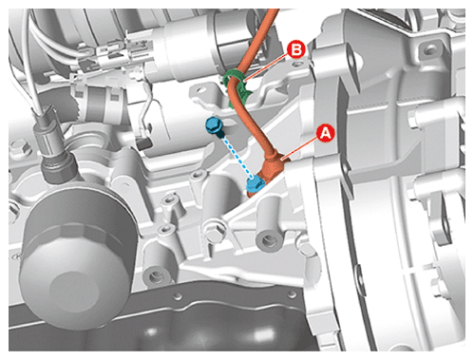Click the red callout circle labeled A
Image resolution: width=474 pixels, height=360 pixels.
(326, 133)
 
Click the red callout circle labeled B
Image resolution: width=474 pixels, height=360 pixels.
(296, 50)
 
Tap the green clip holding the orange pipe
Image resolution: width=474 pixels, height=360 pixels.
(238, 88)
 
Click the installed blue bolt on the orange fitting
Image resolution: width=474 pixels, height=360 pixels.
(256, 184)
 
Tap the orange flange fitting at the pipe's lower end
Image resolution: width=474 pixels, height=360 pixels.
(269, 173)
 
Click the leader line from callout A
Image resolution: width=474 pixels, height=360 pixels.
(301, 148)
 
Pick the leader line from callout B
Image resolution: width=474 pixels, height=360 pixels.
(268, 66)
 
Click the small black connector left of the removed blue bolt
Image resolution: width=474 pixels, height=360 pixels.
(144, 143)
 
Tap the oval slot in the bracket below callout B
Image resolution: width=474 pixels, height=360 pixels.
(199, 90)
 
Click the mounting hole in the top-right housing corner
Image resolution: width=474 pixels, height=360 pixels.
(430, 49)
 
